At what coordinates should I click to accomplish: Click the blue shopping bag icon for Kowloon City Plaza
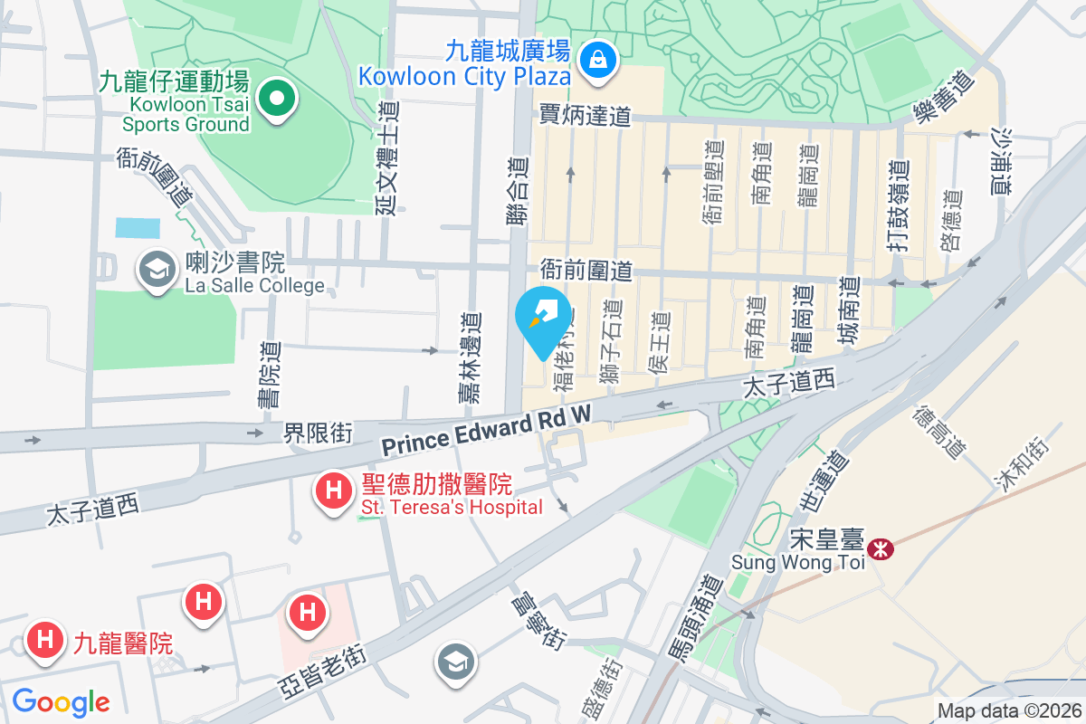598,61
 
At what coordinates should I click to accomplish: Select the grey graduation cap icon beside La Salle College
157,269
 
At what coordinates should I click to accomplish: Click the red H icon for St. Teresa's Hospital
332,492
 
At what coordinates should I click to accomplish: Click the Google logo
61,702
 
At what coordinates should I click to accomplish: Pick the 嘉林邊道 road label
469,357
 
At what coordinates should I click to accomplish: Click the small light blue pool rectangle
138,228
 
